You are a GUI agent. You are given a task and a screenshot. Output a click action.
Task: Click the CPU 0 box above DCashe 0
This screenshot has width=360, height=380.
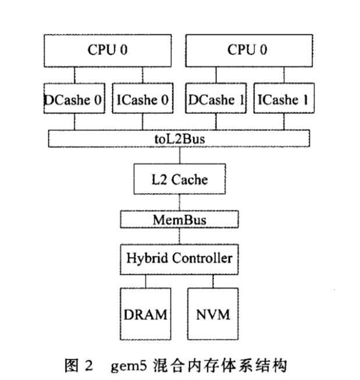[108, 50]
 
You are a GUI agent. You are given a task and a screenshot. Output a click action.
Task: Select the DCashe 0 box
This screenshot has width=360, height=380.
[74, 99]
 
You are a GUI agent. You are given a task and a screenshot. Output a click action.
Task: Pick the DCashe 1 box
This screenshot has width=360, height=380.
[216, 99]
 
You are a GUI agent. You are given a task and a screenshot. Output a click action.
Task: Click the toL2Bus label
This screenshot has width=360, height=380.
[179, 139]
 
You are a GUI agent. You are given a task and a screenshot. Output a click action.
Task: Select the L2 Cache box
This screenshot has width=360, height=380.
[179, 180]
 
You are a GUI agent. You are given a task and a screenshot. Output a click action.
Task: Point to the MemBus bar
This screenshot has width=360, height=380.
[179, 220]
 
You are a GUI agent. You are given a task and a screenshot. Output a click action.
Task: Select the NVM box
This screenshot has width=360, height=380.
[213, 314]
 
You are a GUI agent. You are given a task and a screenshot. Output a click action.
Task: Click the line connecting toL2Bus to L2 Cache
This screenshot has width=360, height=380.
[179, 156]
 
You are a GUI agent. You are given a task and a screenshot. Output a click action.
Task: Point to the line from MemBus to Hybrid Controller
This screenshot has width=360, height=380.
[179, 236]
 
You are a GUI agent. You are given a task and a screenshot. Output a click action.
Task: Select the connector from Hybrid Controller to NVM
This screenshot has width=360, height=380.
[213, 280]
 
